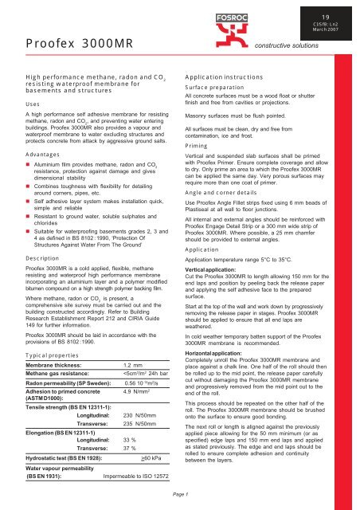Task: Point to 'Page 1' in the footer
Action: [180, 495]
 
